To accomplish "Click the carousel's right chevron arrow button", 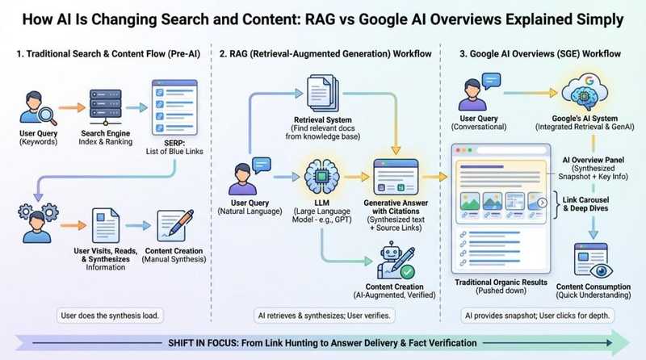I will pos(543,203).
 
